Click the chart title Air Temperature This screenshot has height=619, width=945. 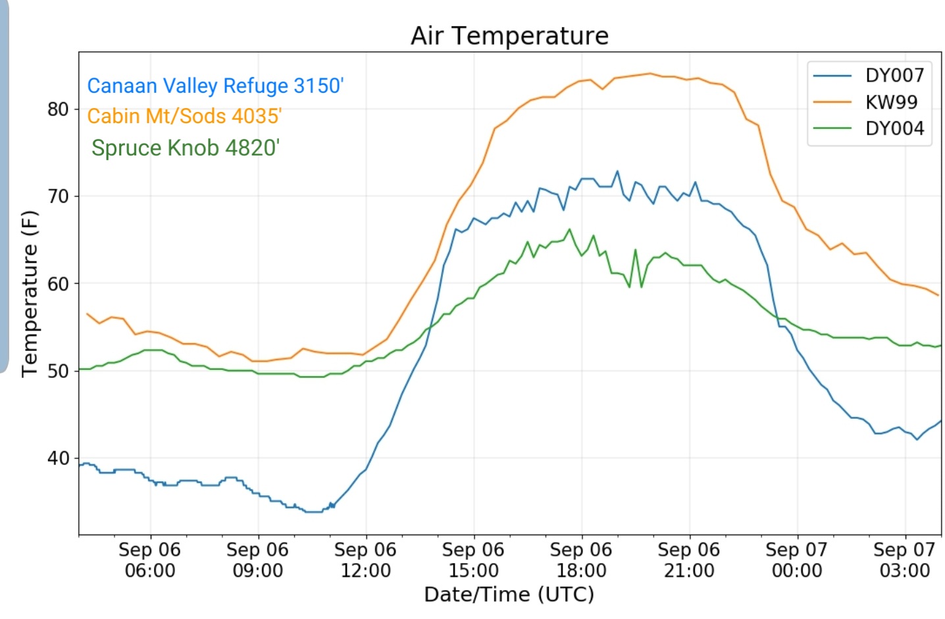(x=509, y=36)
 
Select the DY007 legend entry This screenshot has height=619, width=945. (x=869, y=76)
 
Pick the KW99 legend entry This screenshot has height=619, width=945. (x=865, y=102)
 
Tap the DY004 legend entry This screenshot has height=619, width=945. (x=869, y=128)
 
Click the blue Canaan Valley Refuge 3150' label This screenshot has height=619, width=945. (x=215, y=86)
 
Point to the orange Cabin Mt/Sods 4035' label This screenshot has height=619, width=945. (x=184, y=116)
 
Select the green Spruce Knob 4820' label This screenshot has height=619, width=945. (x=186, y=148)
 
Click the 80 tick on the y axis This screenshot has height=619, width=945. (x=58, y=109)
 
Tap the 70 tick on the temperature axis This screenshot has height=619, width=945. (x=58, y=196)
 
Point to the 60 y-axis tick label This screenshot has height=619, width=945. (x=58, y=284)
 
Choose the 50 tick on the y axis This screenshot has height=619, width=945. (x=58, y=371)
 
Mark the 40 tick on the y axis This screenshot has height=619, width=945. (x=58, y=458)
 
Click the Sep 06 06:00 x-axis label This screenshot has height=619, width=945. (x=150, y=560)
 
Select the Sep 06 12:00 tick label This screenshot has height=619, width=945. (x=365, y=560)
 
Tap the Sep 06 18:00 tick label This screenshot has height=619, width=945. (x=581, y=560)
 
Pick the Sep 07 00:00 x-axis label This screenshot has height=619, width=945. (x=796, y=560)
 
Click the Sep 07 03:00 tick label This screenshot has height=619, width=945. (x=904, y=560)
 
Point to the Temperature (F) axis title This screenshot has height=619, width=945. (x=30, y=294)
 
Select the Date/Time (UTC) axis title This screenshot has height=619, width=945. (x=509, y=595)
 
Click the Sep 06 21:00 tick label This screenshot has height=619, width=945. (x=689, y=560)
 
